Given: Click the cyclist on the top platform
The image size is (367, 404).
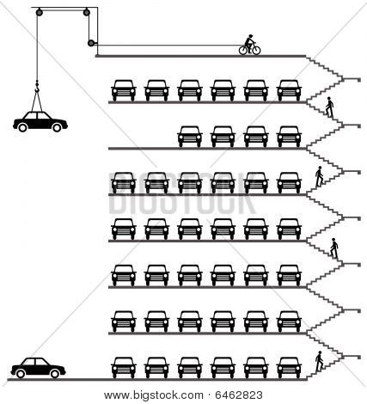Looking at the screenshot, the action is click(250, 45).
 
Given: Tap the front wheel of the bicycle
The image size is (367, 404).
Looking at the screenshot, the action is click(256, 50).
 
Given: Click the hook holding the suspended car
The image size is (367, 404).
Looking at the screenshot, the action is click(37, 87).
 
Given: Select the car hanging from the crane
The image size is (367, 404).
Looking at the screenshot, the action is click(40, 121).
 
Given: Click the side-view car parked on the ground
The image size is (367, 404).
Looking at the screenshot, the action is click(38, 368).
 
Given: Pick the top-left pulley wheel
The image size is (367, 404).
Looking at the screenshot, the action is click(40, 12).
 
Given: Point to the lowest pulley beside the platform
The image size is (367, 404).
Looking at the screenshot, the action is click(91, 43).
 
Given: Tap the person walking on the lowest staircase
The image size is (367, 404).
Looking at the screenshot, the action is click(319, 362).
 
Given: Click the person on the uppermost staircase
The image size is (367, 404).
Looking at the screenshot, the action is click(330, 107).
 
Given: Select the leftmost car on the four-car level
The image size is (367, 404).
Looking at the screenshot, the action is click(190, 137).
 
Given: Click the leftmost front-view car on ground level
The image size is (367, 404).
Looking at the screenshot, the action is click(123, 368).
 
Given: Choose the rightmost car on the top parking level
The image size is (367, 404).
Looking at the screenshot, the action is click(289, 90).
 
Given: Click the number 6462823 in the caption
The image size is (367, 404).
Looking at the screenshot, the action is click(239, 395).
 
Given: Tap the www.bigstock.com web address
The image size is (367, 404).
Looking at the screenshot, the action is click(154, 395).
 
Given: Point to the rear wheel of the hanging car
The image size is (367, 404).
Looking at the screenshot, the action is click(22, 127).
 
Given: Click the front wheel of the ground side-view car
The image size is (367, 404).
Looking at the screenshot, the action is click(55, 373).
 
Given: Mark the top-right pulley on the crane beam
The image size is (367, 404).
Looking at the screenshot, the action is click(87, 12).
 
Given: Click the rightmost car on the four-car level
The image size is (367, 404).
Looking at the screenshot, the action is click(289, 137).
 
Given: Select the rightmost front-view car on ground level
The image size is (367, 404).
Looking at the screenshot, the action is click(289, 368).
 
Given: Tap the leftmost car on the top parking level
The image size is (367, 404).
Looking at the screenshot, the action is click(123, 90).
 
